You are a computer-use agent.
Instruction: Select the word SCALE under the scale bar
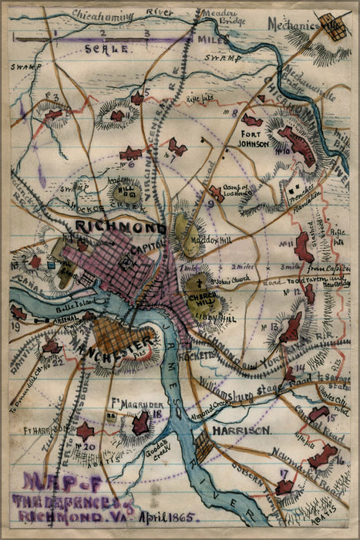pyautogui.click(x=100, y=48)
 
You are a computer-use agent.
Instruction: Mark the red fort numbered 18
pyautogui.click(x=140, y=424)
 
